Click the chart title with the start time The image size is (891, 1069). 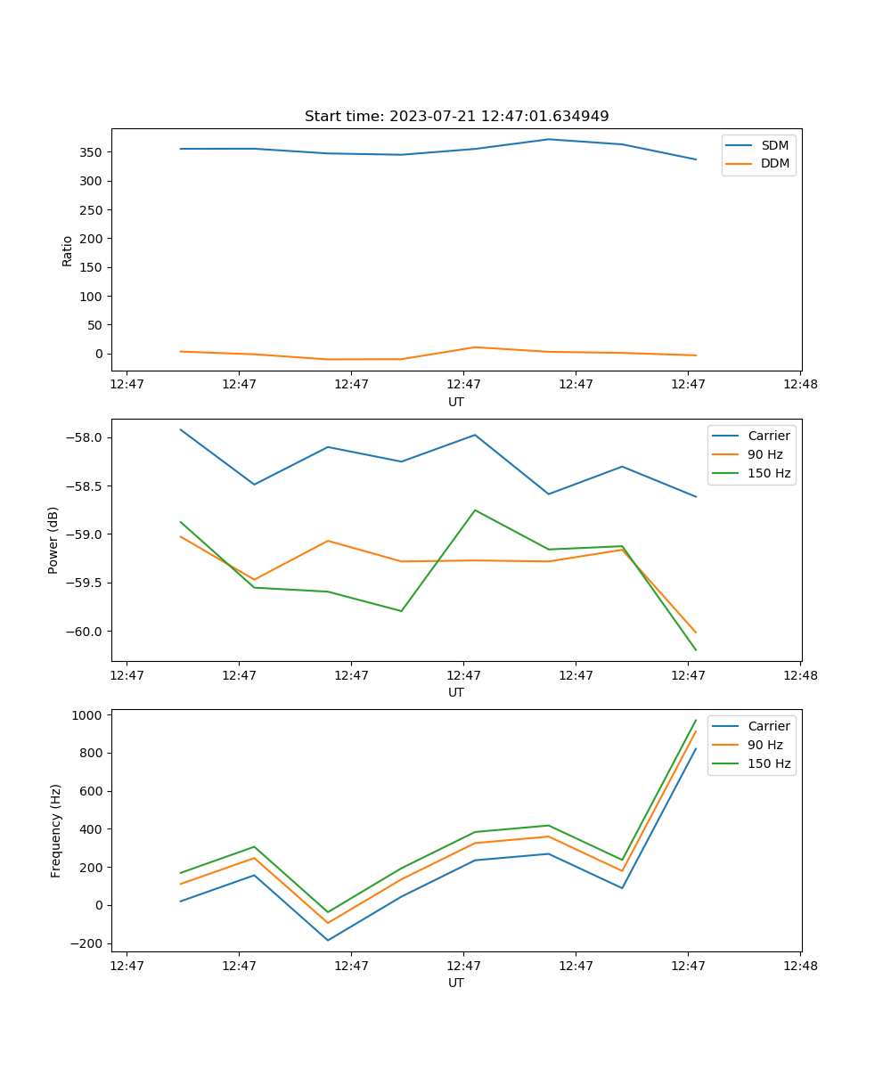pyautogui.click(x=456, y=117)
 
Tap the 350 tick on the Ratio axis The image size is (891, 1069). pyautogui.click(x=94, y=152)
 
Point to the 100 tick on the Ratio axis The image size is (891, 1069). pyautogui.click(x=94, y=297)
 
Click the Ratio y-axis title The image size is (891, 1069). pyautogui.click(x=68, y=250)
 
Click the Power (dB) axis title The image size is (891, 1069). pyautogui.click(x=54, y=540)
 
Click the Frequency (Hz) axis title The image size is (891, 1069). pyautogui.click(x=56, y=830)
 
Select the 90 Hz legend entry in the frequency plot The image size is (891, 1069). pyautogui.click(x=765, y=745)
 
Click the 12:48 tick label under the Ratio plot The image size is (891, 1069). pyautogui.click(x=800, y=385)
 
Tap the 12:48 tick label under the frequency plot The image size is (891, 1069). pyautogui.click(x=800, y=966)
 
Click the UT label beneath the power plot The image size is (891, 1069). pyautogui.click(x=456, y=692)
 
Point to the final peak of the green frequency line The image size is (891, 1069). pyautogui.click(x=696, y=720)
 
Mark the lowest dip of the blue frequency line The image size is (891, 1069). pyautogui.click(x=328, y=940)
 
